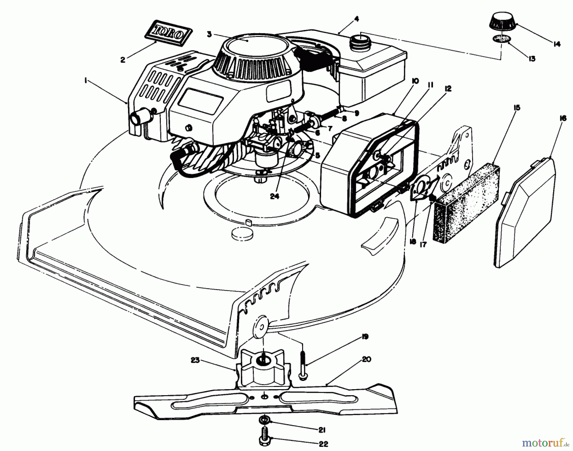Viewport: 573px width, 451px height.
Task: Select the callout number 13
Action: [x=532, y=59]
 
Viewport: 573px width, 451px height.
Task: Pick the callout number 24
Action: [x=274, y=196]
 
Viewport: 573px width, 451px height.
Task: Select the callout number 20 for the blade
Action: [x=366, y=359]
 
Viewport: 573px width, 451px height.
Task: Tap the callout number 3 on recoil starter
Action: [x=209, y=34]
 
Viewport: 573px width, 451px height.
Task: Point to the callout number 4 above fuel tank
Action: [x=357, y=19]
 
